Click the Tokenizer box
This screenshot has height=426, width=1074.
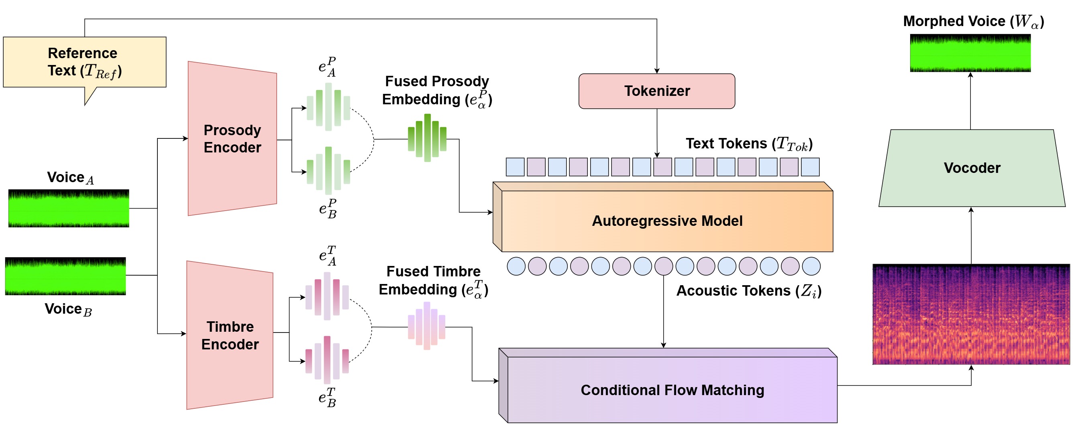657,91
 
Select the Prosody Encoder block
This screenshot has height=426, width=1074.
232,139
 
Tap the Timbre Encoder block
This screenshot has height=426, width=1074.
230,335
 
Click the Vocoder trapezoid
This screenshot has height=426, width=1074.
972,168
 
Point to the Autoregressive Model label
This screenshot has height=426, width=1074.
667,221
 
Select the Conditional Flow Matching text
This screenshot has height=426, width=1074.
672,390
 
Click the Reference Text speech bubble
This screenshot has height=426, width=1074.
85,62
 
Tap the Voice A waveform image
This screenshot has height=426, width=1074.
69,208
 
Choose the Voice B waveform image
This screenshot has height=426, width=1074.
65,276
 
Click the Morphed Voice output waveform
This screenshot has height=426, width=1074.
970,53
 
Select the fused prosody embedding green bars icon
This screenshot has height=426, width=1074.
427,138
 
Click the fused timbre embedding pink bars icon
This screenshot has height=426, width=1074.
426,326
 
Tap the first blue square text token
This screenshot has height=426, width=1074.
515,166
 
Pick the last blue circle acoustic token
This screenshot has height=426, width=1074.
811,266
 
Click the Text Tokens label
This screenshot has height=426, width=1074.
749,144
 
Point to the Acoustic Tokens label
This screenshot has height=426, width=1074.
748,291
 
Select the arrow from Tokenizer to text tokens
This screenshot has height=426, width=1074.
657,133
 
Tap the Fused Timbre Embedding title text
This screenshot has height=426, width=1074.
434,280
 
